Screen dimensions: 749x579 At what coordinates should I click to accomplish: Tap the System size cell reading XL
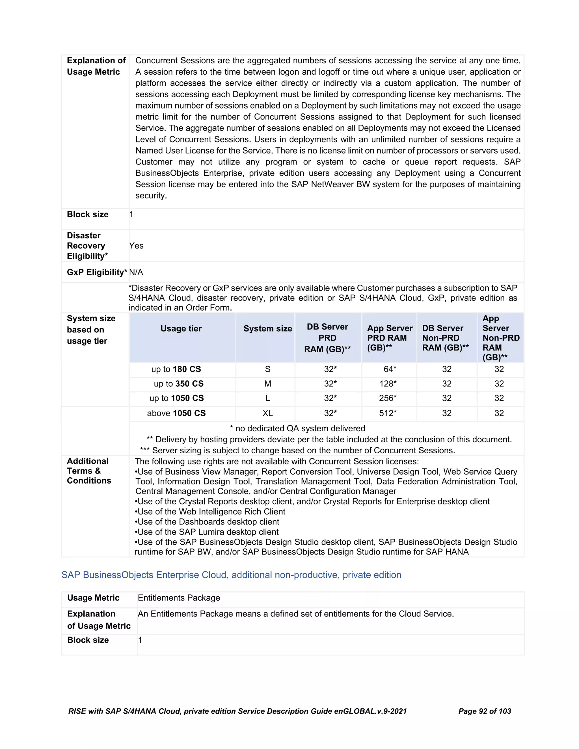(x=267, y=413)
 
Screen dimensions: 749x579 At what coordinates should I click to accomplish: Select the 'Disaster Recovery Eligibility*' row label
(x=87, y=246)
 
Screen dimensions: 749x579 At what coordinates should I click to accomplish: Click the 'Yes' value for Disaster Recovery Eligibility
(x=136, y=246)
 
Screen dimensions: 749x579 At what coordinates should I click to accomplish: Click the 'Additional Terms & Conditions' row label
(x=88, y=471)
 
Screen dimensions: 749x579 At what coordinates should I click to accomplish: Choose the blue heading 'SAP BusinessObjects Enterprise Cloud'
(x=231, y=575)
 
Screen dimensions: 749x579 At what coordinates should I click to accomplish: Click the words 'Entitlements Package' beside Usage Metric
(x=179, y=598)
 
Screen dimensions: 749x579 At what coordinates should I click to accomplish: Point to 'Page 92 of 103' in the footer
(x=484, y=711)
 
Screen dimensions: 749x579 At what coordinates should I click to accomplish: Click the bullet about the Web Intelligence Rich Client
(x=210, y=512)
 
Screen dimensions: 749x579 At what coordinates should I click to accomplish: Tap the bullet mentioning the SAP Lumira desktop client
(x=206, y=532)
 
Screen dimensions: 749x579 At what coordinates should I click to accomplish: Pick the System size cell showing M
(x=267, y=384)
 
